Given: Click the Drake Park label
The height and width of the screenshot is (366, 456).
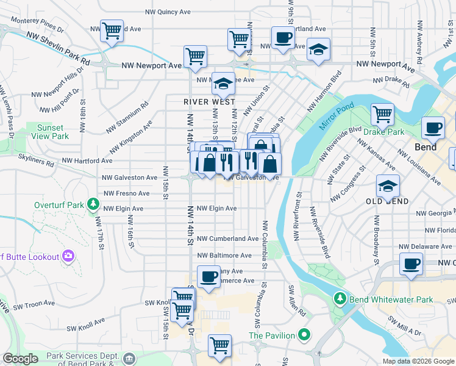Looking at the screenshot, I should point(384,131).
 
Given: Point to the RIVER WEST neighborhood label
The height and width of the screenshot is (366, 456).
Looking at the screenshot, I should point(210,102).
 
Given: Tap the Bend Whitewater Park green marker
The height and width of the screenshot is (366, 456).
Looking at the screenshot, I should point(340,300).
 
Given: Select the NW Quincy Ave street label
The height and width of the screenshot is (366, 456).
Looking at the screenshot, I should point(168,12).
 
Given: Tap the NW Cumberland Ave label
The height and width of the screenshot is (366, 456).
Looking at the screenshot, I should point(228,239).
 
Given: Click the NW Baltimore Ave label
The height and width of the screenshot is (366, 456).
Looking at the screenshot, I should point(224,256).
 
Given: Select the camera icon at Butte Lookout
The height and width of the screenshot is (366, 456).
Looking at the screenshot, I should point(68,257).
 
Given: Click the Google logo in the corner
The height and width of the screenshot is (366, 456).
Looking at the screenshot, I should point(20,359).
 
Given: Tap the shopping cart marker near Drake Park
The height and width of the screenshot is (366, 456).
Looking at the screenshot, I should point(382,113).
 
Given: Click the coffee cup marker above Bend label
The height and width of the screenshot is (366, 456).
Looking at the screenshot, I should point(433,127).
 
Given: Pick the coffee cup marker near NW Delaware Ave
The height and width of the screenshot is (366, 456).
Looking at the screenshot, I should point(411,264).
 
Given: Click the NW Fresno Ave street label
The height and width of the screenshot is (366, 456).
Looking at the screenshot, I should point(126,193).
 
